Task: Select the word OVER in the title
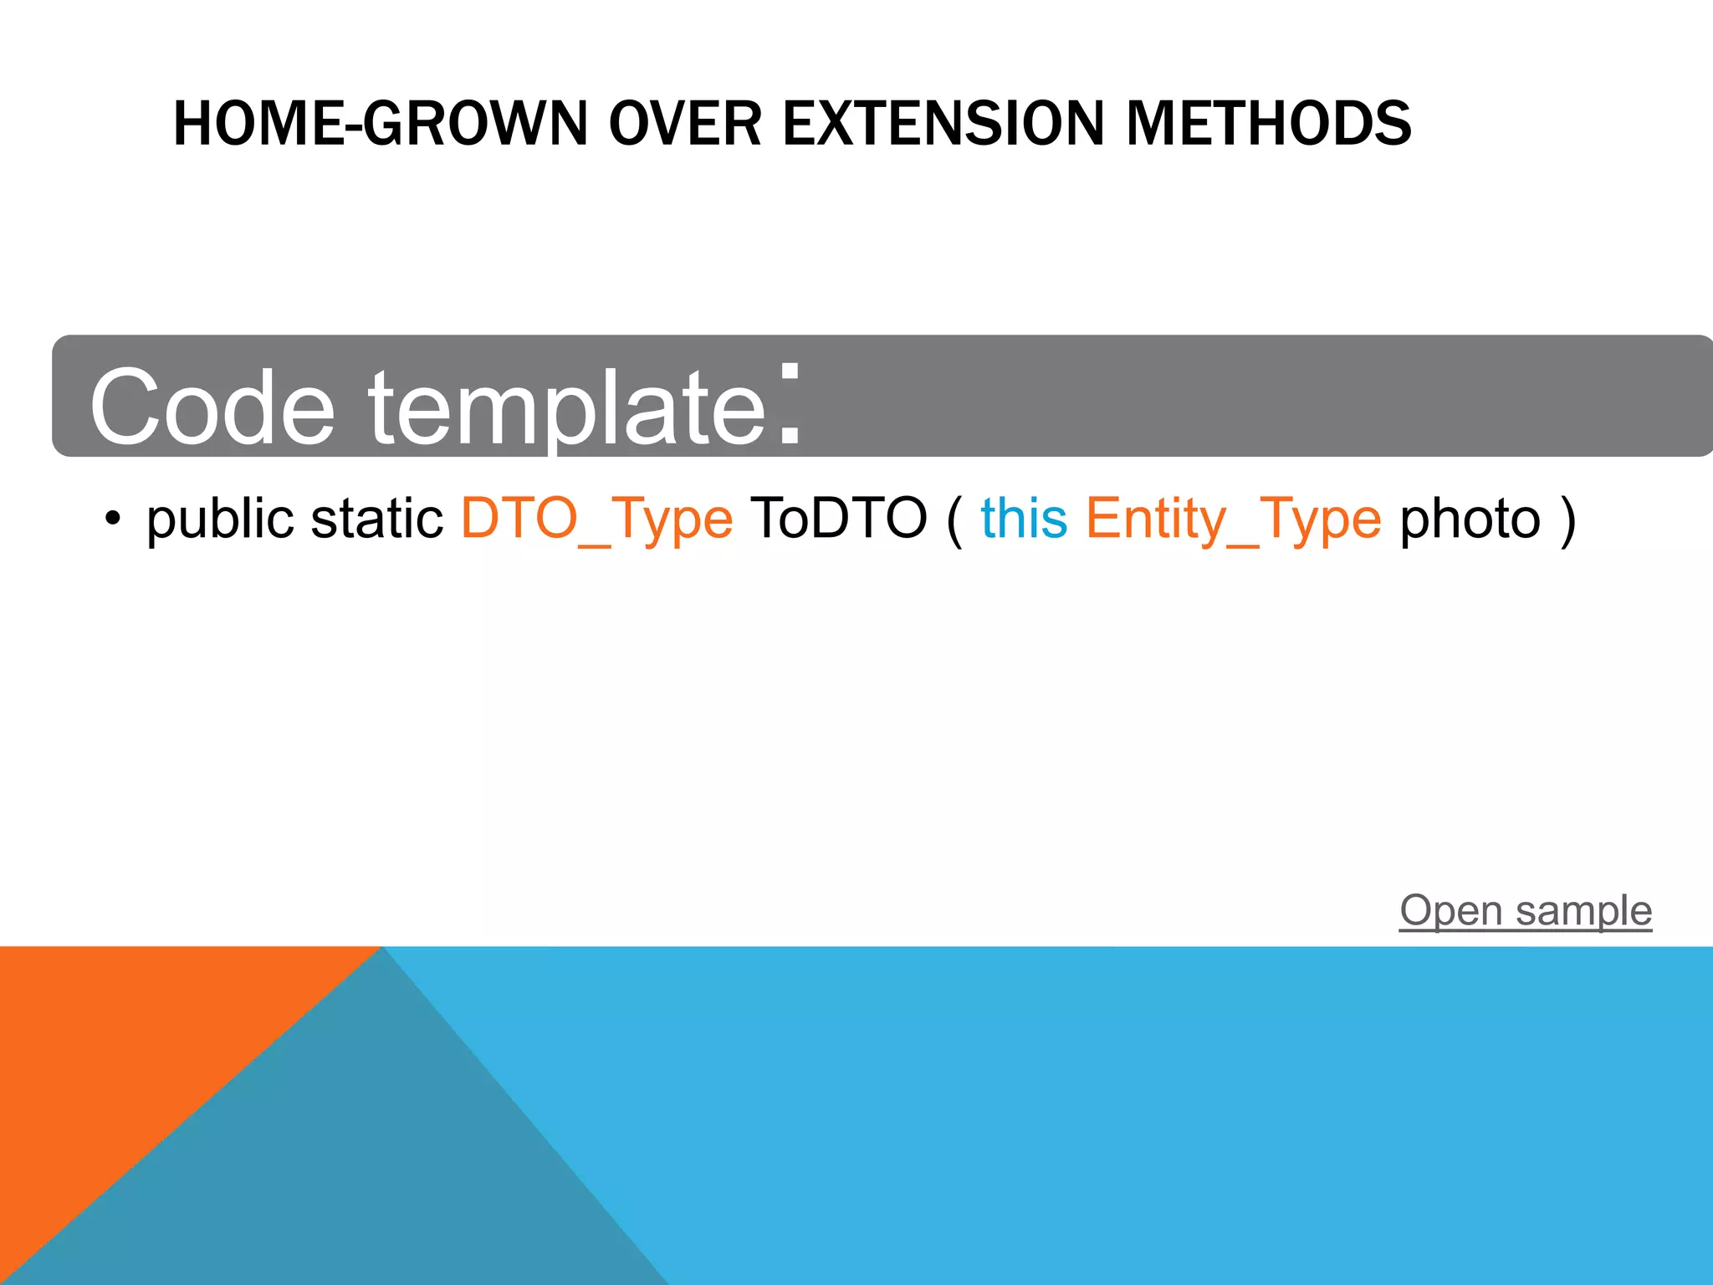tap(685, 124)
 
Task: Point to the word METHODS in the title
tap(1268, 124)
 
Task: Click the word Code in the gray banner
tap(212, 407)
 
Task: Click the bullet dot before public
tap(113, 519)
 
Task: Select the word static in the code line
tap(376, 519)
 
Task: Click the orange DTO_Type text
tap(596, 519)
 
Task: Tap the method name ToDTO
tap(838, 518)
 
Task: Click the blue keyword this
tap(1024, 518)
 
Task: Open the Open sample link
tap(1526, 910)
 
